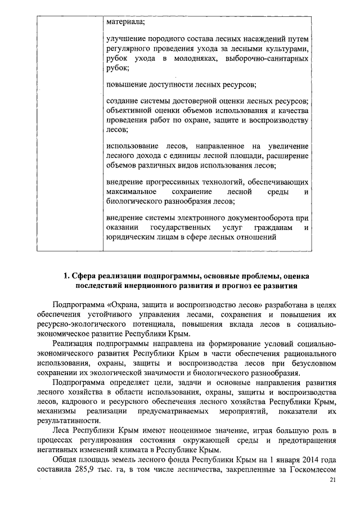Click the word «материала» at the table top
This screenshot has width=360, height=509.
[x=125, y=22]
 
